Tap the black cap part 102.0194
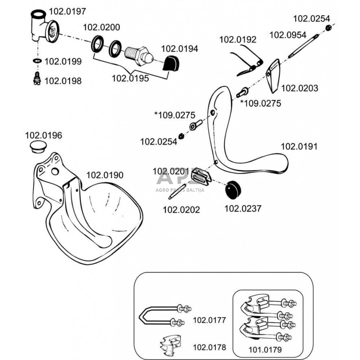click(171, 64)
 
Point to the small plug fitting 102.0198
click(37, 78)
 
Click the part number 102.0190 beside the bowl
click(104, 175)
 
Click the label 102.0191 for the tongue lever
click(299, 147)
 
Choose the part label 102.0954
click(288, 35)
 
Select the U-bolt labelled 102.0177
click(163, 316)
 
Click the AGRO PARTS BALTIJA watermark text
click(180, 189)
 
